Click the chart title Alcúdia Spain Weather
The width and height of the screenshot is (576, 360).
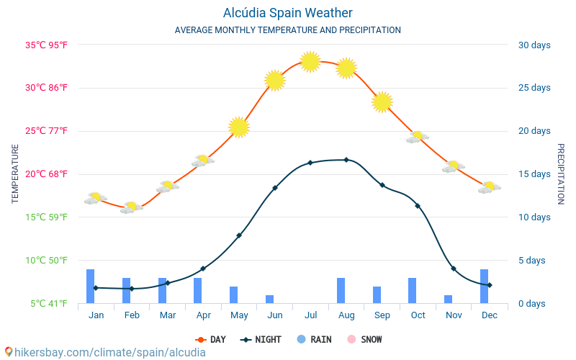(x=287, y=13)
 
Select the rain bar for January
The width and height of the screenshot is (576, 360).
(x=91, y=287)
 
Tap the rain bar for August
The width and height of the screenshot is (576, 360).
(x=341, y=291)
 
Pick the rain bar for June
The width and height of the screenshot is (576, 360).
(x=270, y=300)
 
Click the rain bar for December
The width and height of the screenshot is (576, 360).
(x=485, y=287)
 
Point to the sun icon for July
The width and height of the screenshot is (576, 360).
(x=310, y=62)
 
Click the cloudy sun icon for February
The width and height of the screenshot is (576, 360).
(x=131, y=207)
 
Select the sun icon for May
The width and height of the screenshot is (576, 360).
(x=239, y=127)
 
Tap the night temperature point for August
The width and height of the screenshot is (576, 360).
(x=346, y=160)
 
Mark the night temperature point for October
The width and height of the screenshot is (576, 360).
(x=418, y=206)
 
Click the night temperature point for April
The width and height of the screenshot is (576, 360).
(x=203, y=269)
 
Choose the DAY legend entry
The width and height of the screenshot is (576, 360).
(x=210, y=340)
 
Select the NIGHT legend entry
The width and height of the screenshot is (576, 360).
(x=261, y=340)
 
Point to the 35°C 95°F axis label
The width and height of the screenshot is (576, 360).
(x=47, y=45)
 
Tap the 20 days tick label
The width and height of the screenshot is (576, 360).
(x=534, y=131)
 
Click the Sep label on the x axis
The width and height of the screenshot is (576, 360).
(x=382, y=315)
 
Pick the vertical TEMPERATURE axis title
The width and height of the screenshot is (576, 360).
(x=16, y=174)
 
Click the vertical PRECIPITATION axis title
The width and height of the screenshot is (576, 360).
(x=560, y=174)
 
